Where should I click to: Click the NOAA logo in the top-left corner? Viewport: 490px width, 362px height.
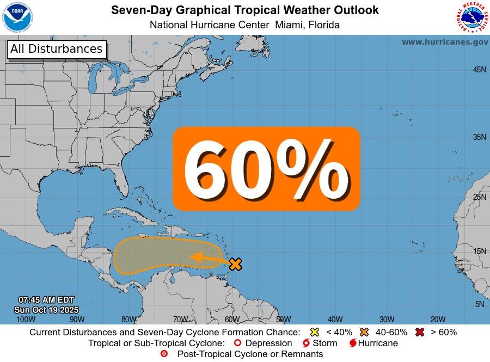[x=17, y=17]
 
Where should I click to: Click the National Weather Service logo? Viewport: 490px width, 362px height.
[x=471, y=17]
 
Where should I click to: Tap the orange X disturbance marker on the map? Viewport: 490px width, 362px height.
[x=235, y=264]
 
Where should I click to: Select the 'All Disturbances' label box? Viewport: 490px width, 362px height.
[x=57, y=49]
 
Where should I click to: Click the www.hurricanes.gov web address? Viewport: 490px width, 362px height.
[x=445, y=42]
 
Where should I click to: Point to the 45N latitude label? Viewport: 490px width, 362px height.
[x=479, y=70]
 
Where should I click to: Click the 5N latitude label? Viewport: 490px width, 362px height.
[x=479, y=304]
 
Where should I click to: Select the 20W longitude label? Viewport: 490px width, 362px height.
[x=438, y=320]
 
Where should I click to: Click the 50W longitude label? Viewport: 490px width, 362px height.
[x=283, y=320]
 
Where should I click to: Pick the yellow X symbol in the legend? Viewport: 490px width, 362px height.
[x=314, y=332]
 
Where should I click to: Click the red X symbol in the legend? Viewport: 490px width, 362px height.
[x=419, y=332]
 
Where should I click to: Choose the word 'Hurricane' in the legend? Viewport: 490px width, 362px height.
[x=378, y=343]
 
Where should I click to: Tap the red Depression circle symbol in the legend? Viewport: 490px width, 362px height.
[x=237, y=343]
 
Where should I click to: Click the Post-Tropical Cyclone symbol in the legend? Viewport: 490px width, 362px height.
[x=164, y=354]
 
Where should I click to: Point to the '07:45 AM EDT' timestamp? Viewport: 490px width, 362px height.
[x=46, y=300]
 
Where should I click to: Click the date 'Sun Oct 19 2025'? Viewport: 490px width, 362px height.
[x=46, y=309]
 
